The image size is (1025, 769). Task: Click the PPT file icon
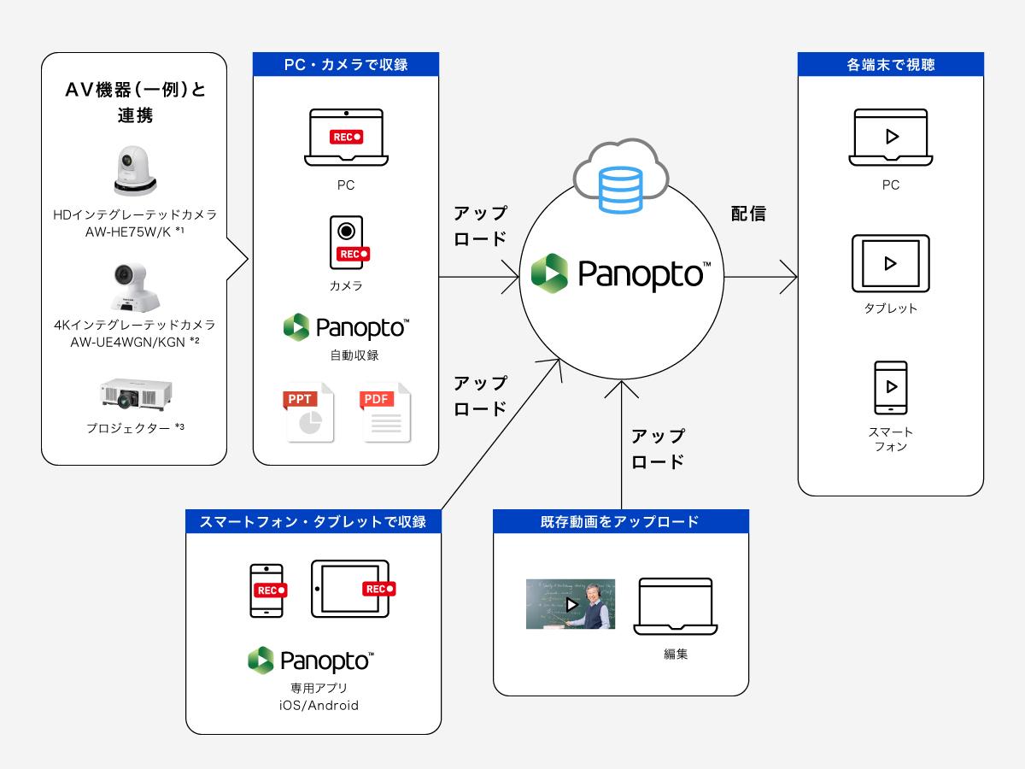click(x=309, y=413)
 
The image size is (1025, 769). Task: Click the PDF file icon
click(x=385, y=413)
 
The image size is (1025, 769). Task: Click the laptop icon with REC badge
click(x=346, y=137)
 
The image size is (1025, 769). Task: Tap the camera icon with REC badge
click(x=348, y=242)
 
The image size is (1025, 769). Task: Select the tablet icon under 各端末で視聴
click(x=890, y=263)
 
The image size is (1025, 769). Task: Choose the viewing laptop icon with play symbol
click(x=890, y=137)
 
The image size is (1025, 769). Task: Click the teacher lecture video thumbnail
click(x=570, y=604)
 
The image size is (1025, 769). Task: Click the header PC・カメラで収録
click(x=346, y=64)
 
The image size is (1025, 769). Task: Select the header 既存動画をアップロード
click(x=621, y=521)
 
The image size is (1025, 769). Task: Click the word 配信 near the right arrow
click(x=748, y=214)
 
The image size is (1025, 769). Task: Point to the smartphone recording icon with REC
click(x=266, y=590)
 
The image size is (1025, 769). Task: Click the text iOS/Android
click(x=313, y=706)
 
